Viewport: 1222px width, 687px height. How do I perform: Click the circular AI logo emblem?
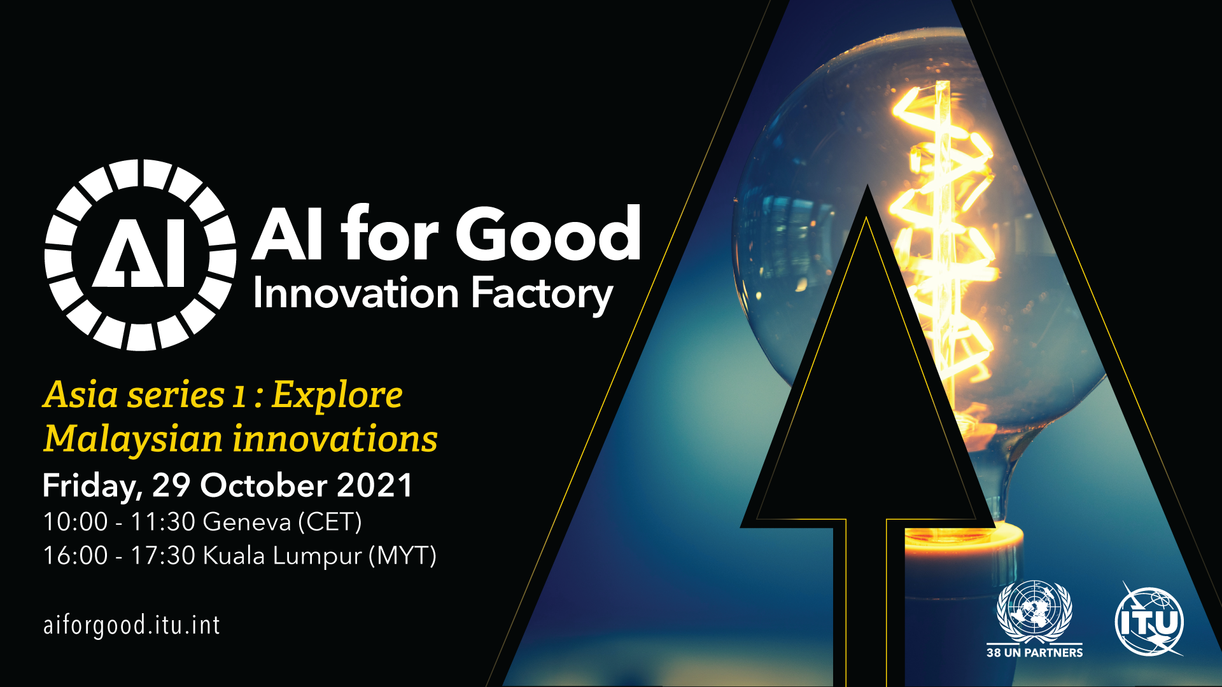[x=141, y=254]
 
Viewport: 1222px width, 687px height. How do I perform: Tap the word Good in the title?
[x=548, y=234]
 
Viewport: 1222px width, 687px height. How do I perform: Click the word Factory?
[x=542, y=296]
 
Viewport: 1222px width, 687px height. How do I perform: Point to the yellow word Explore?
[x=337, y=396]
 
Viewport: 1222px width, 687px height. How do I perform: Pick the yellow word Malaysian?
[x=133, y=440]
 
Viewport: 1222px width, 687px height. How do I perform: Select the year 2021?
[x=374, y=485]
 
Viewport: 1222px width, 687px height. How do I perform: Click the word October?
[x=263, y=485]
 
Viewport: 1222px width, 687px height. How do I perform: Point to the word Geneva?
[x=247, y=522]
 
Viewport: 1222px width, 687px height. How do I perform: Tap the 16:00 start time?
[x=75, y=555]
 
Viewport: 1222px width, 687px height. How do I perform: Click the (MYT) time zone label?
[x=403, y=556]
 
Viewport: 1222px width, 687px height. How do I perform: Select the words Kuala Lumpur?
[x=283, y=556]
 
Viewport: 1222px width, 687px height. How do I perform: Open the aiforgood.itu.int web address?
[x=132, y=625]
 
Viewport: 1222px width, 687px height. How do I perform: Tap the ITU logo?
[x=1149, y=621]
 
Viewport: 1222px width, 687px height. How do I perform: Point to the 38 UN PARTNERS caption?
[x=1034, y=653]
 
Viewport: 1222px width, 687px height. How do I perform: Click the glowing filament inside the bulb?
[x=942, y=242]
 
